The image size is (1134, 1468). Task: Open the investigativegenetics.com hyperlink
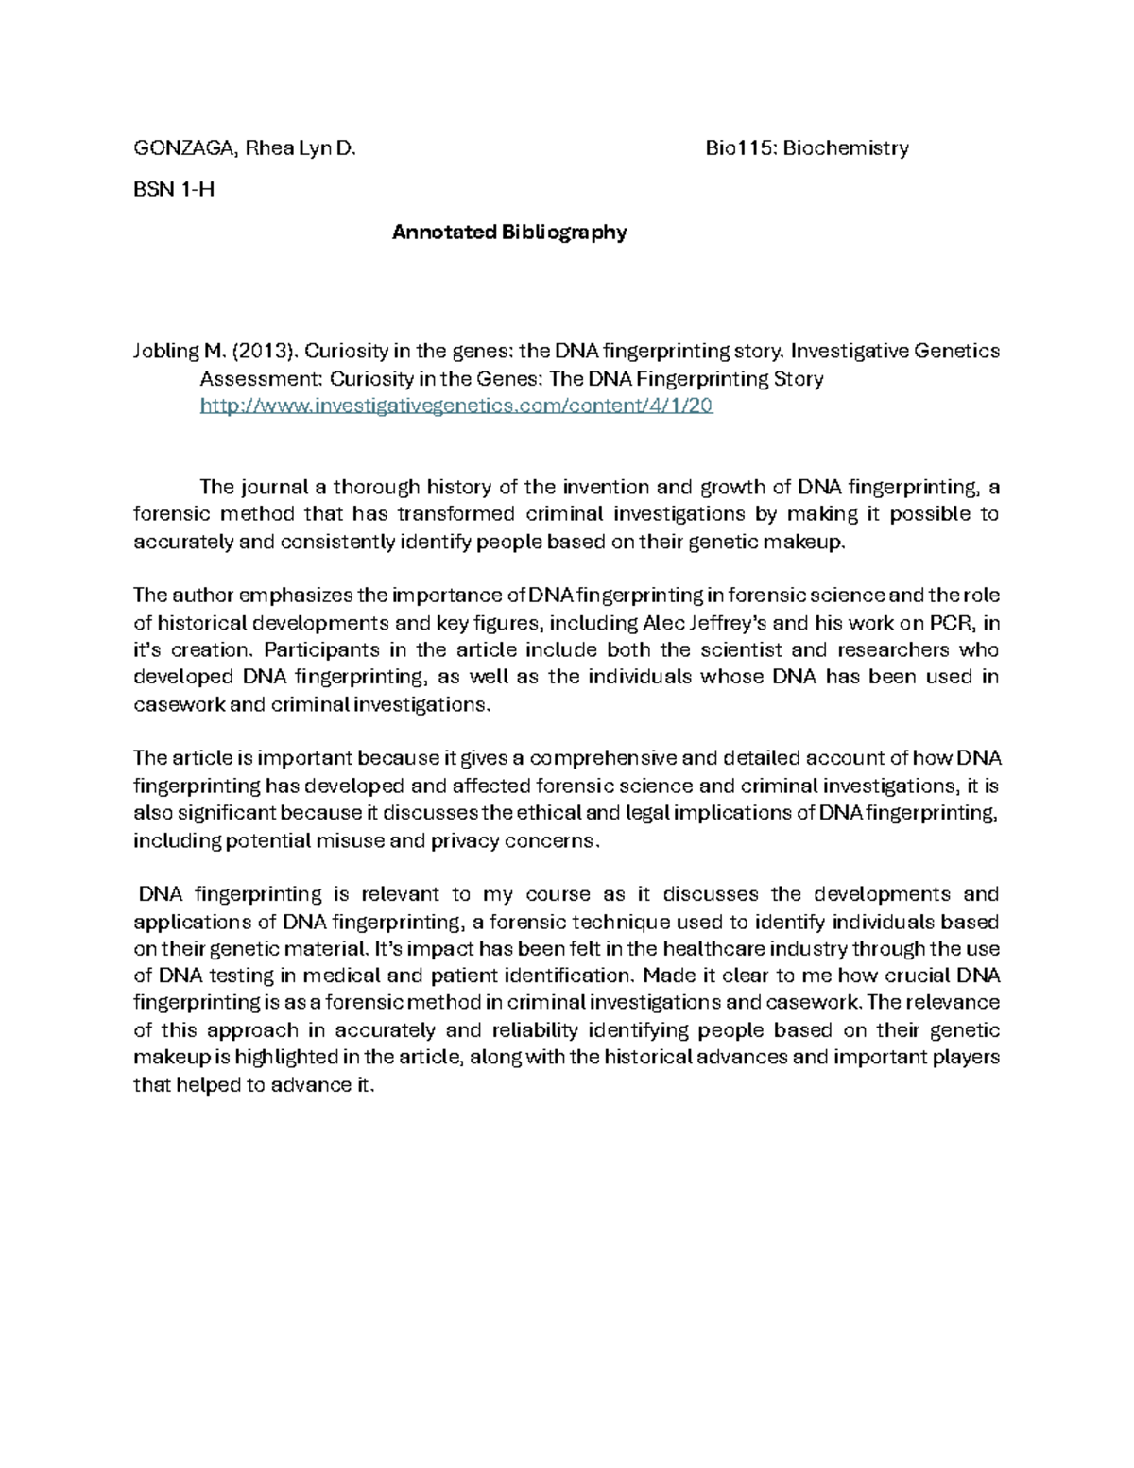click(456, 406)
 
